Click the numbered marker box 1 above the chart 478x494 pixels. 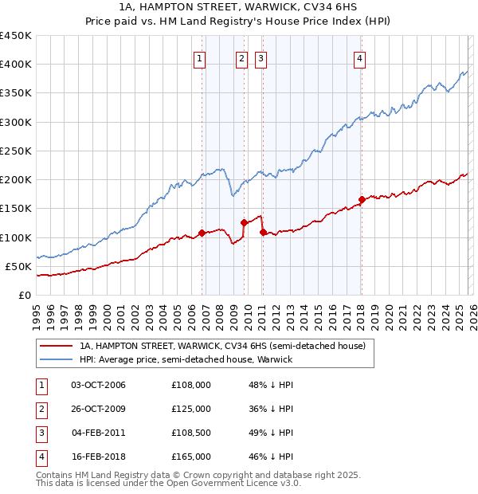pyautogui.click(x=199, y=57)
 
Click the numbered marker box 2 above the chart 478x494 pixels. pyautogui.click(x=241, y=57)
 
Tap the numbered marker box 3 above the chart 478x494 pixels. pyautogui.click(x=261, y=57)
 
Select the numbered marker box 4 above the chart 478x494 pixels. pyautogui.click(x=360, y=57)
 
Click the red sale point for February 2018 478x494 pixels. pyautogui.click(x=362, y=200)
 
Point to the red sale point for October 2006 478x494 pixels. pyautogui.click(x=202, y=233)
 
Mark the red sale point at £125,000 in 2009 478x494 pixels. pyautogui.click(x=245, y=223)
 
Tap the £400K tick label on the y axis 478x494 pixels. pyautogui.click(x=16, y=65)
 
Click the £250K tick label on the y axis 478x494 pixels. pyautogui.click(x=16, y=151)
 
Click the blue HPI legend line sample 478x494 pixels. pyautogui.click(x=57, y=359)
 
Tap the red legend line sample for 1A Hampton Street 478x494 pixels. pyautogui.click(x=57, y=346)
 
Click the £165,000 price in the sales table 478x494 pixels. pyautogui.click(x=190, y=457)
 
